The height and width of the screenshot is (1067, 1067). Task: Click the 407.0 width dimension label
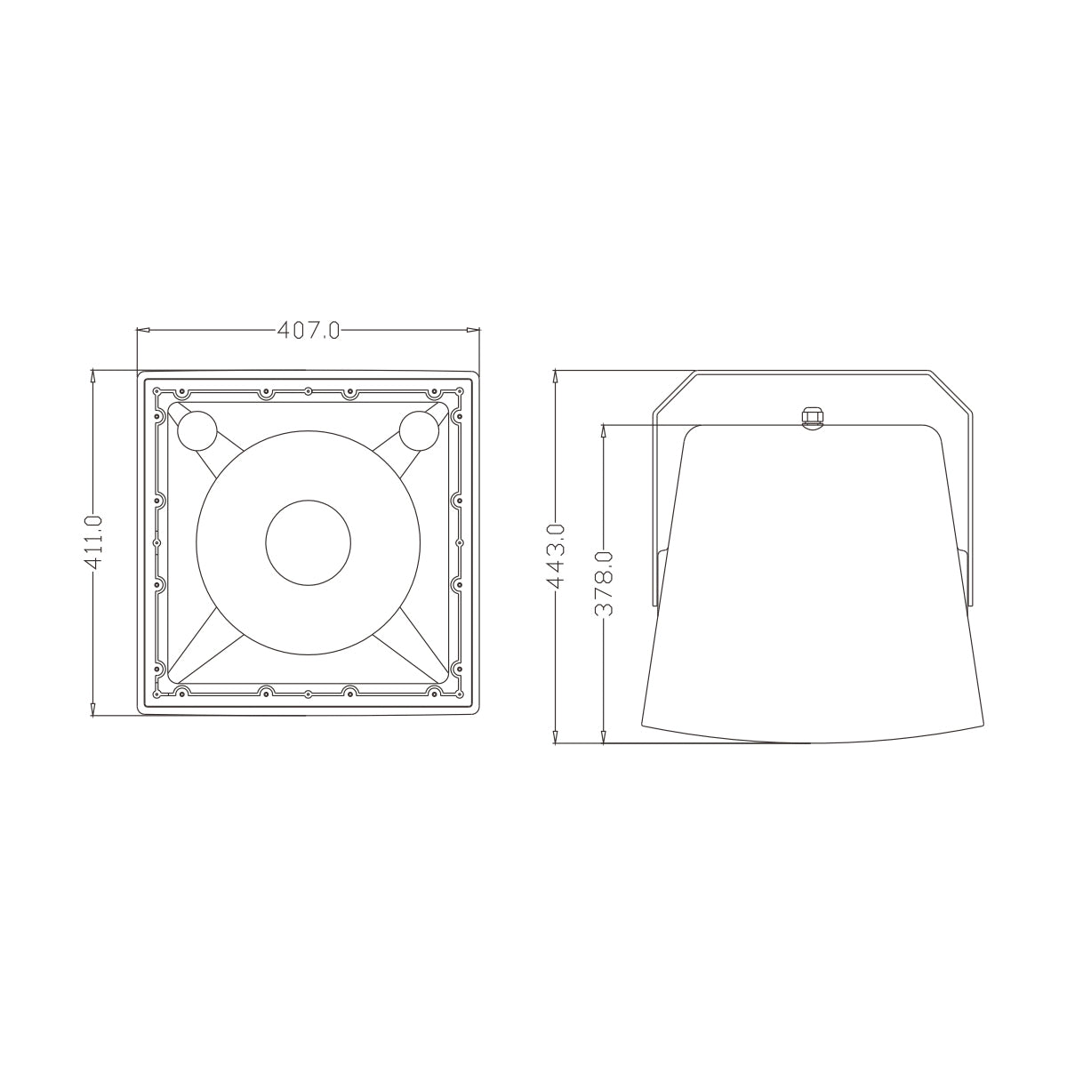(x=309, y=331)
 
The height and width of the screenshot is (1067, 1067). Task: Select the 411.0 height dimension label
(x=94, y=542)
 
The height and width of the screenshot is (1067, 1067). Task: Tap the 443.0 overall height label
(x=556, y=556)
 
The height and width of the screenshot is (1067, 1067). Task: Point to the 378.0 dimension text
(x=604, y=584)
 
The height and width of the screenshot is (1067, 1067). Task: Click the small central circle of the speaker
(x=309, y=542)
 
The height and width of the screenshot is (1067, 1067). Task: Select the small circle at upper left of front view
(x=197, y=430)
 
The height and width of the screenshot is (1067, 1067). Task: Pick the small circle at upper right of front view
(x=419, y=430)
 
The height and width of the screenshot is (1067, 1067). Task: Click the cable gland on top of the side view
(x=810, y=417)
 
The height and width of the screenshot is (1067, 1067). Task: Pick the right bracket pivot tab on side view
(x=964, y=578)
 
